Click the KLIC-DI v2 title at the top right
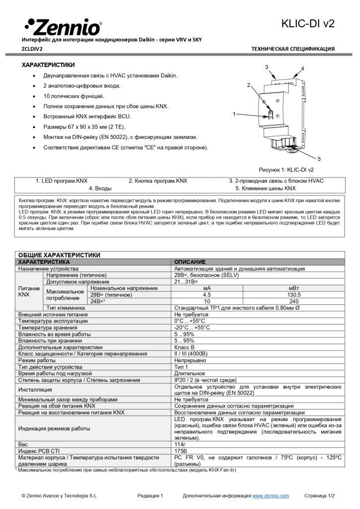click(308, 23)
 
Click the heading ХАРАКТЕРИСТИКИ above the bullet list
click(48, 65)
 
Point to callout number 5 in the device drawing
click(319, 159)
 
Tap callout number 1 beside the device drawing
click(234, 114)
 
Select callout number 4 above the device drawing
click(302, 68)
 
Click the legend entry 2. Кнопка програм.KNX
click(158, 181)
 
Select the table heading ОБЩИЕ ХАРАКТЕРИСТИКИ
click(59, 255)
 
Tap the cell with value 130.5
click(294, 294)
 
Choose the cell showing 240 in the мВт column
click(294, 301)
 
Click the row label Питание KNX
click(24, 291)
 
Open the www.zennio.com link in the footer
click(270, 496)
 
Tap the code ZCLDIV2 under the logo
click(32, 49)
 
